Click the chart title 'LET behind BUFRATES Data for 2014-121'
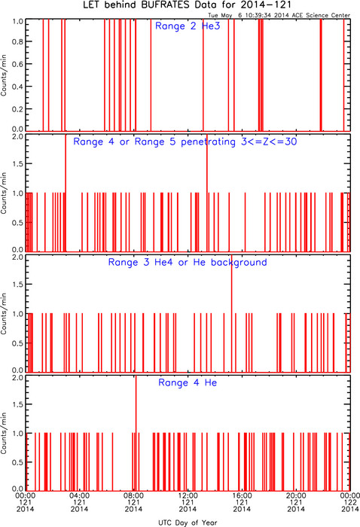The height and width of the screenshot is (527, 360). (x=187, y=5)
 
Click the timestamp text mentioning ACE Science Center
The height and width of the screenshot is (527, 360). (x=279, y=15)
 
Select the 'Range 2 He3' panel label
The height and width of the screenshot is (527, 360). (x=188, y=26)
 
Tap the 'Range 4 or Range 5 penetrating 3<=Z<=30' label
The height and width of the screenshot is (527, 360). (x=185, y=142)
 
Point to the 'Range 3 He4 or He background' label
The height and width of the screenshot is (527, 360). (x=188, y=262)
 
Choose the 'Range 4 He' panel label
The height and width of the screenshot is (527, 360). (x=188, y=382)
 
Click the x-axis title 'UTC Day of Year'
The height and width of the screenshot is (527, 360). (x=188, y=522)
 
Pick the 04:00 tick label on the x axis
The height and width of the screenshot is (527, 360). (x=79, y=495)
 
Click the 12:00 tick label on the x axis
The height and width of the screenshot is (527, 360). (x=188, y=495)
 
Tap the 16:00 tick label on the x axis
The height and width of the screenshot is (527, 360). (x=242, y=495)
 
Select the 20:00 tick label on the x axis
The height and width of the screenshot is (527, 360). (x=296, y=495)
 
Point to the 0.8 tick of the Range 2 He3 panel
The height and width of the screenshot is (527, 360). (x=18, y=41)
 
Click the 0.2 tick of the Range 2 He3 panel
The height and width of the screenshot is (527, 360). (x=18, y=109)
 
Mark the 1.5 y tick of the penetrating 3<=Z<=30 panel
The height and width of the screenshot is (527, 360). (x=18, y=163)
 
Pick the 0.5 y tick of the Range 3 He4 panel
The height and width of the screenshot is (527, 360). (x=18, y=343)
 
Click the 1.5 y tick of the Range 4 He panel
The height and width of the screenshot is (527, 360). (x=18, y=404)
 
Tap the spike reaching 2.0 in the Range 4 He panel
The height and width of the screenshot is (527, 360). (x=136, y=434)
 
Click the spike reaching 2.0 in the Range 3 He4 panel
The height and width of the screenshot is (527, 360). (x=232, y=313)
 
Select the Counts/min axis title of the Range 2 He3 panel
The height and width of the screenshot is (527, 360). (x=4, y=75)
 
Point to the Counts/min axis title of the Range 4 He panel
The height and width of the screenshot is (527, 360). (x=4, y=433)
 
